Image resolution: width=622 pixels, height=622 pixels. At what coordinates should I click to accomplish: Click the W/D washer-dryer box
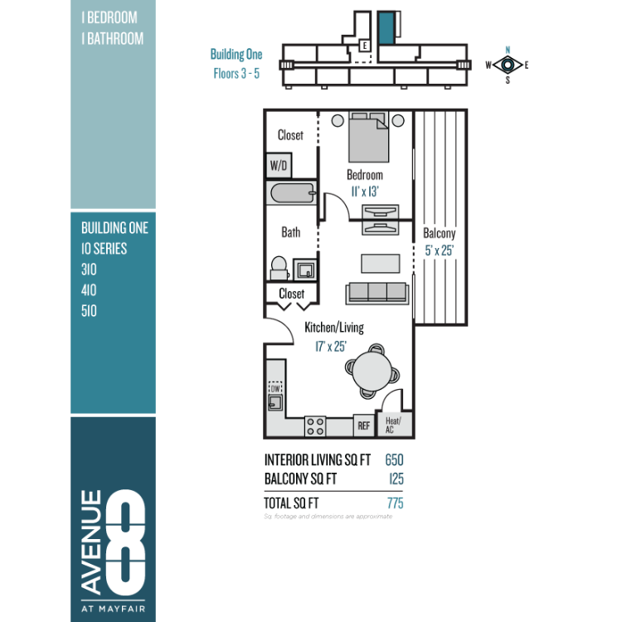tap(279, 165)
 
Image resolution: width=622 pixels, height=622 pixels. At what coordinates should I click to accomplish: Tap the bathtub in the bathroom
tap(292, 193)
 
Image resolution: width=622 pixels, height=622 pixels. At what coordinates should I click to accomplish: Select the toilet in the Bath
tap(279, 268)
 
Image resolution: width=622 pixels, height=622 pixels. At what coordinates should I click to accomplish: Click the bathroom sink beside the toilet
tap(304, 270)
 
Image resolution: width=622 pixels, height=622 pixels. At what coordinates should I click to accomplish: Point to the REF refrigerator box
tap(364, 425)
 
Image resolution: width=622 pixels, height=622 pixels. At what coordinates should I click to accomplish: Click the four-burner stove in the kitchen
tap(315, 426)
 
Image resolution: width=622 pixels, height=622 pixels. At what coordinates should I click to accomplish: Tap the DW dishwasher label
tap(275, 388)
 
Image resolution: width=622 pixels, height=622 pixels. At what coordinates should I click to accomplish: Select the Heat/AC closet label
tap(393, 425)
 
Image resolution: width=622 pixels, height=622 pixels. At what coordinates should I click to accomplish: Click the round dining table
tap(372, 372)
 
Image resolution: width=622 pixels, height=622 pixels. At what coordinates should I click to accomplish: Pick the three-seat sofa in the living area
tap(377, 294)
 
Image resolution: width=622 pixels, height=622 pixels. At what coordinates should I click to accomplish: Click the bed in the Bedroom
tap(368, 137)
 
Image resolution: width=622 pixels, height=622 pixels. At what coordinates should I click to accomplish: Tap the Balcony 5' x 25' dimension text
tap(439, 250)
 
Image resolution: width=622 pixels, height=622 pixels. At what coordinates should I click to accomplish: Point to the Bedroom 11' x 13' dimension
tap(365, 192)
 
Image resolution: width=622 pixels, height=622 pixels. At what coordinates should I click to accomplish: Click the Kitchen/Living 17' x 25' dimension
tap(331, 347)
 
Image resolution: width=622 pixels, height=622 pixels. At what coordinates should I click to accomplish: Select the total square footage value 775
tap(395, 503)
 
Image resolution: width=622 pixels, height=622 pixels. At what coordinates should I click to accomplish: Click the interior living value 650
tap(394, 459)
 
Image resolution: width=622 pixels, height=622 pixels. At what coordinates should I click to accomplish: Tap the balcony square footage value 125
tap(396, 479)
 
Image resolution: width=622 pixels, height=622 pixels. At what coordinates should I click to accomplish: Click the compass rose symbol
tap(508, 65)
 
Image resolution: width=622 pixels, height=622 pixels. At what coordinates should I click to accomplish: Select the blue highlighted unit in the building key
tap(386, 27)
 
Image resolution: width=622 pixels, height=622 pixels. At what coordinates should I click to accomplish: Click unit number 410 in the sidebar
tap(89, 290)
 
